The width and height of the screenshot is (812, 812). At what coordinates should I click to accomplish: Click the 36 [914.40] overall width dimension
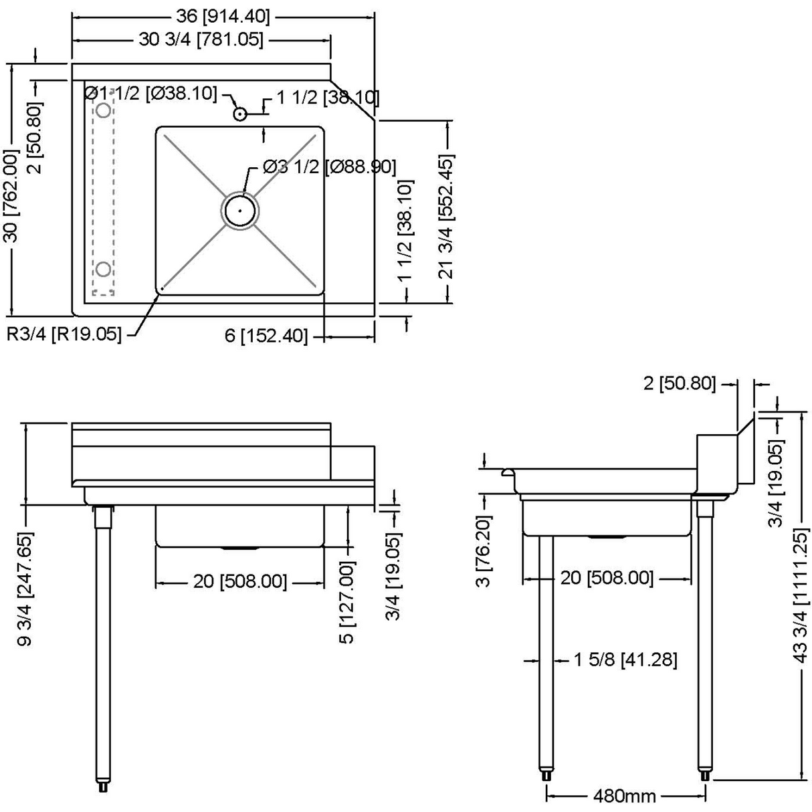click(x=222, y=15)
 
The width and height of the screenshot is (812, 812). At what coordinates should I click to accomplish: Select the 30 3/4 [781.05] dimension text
click(x=201, y=40)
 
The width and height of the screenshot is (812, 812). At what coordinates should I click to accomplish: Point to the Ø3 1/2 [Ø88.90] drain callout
click(x=329, y=167)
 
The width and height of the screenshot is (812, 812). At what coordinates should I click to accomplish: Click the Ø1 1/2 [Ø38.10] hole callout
click(x=152, y=93)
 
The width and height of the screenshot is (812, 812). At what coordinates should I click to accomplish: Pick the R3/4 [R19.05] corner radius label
click(x=64, y=334)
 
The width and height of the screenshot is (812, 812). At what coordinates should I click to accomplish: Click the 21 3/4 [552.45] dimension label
click(x=446, y=216)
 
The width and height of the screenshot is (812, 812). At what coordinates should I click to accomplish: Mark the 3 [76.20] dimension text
click(x=484, y=550)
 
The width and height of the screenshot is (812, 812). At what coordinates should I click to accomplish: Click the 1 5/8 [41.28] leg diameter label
click(x=625, y=660)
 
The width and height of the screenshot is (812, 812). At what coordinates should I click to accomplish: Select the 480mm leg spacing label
click(x=625, y=796)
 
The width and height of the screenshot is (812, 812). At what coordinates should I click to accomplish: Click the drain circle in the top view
click(x=239, y=210)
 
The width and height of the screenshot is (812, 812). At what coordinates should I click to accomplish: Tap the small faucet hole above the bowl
click(x=240, y=114)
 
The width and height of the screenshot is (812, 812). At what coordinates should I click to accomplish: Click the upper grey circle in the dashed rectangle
click(x=103, y=109)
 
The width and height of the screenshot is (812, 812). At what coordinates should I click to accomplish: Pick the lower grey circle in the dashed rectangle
click(x=103, y=269)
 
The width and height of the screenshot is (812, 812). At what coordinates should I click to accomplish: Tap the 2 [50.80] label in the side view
click(x=679, y=383)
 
